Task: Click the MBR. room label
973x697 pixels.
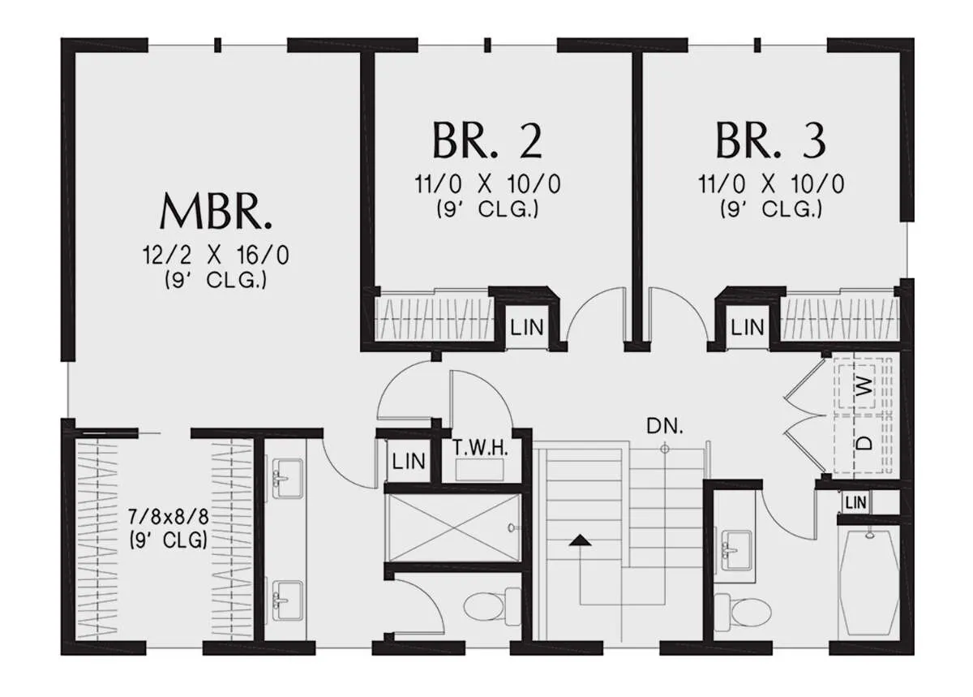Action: point(216,212)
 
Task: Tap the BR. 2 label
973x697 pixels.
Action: point(487,141)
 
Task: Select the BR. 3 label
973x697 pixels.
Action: point(770,141)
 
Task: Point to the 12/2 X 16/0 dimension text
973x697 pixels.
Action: point(216,256)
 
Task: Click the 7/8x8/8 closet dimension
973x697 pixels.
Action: point(169,517)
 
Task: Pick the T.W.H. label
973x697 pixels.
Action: point(480,448)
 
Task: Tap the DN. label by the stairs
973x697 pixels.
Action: point(665,426)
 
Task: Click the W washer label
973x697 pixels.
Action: point(865,386)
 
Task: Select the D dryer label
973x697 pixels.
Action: point(865,444)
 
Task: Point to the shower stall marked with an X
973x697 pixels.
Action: point(454,528)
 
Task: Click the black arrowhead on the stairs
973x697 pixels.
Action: point(581,540)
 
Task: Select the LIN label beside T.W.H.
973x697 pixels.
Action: point(409,462)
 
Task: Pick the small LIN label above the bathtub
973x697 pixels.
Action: point(856,503)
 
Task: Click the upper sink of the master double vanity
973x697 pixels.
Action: point(287,478)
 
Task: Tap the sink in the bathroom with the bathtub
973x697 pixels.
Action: point(737,550)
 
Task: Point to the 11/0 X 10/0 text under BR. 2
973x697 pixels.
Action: point(487,184)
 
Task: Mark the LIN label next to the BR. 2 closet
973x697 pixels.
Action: point(527,328)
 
